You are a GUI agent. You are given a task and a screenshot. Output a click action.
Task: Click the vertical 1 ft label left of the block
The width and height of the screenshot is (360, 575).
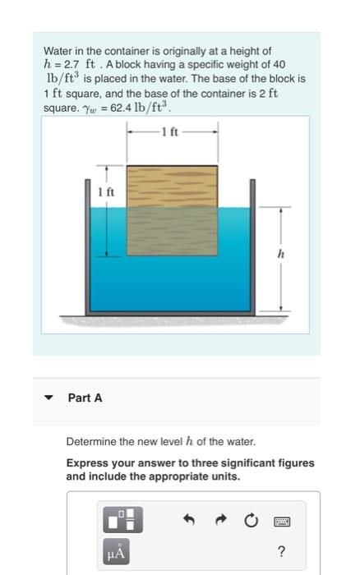point(105,191)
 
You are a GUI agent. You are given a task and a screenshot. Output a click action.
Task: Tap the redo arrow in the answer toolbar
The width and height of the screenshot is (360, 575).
point(220,521)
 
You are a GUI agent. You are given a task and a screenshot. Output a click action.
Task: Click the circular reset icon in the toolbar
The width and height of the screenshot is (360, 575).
point(251,521)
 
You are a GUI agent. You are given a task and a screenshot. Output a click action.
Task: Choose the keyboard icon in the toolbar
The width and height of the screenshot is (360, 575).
point(282,521)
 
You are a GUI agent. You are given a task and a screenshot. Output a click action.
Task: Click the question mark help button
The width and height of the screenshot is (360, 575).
point(282,552)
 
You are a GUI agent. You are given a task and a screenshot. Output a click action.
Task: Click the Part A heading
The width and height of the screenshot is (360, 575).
point(85,398)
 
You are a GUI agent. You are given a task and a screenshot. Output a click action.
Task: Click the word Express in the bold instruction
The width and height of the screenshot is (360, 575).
point(86,463)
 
